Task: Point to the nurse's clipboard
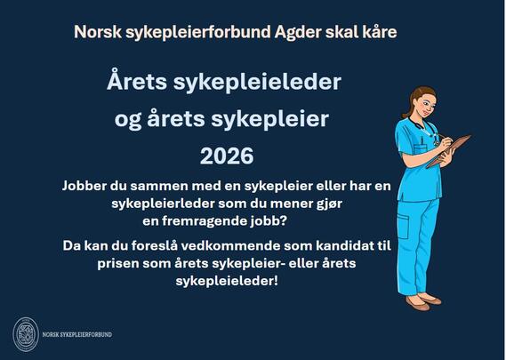click(x=448, y=150)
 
